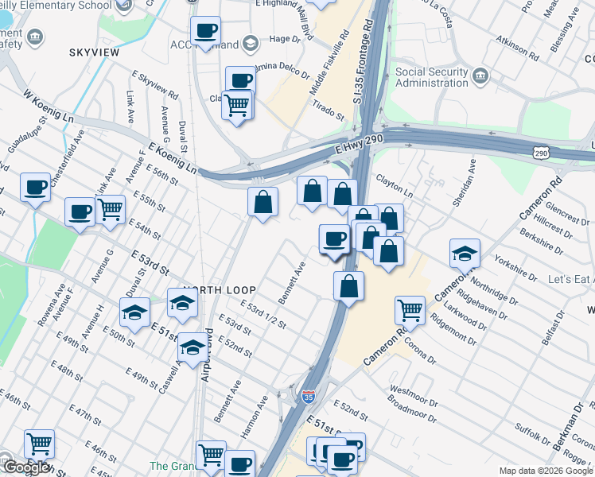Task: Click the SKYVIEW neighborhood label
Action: click(x=94, y=52)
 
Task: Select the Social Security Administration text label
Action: click(x=432, y=77)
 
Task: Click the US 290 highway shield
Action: click(x=541, y=152)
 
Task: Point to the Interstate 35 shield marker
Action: click(x=309, y=396)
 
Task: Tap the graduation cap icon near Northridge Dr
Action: click(x=465, y=254)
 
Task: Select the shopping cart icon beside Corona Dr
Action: click(x=410, y=309)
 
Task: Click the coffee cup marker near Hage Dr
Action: click(x=206, y=32)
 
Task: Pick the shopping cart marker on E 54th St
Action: click(x=111, y=210)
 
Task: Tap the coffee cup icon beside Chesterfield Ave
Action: click(x=35, y=188)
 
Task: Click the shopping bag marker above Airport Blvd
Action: click(x=262, y=202)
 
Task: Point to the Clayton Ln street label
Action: click(x=395, y=186)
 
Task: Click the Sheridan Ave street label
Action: click(x=464, y=180)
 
